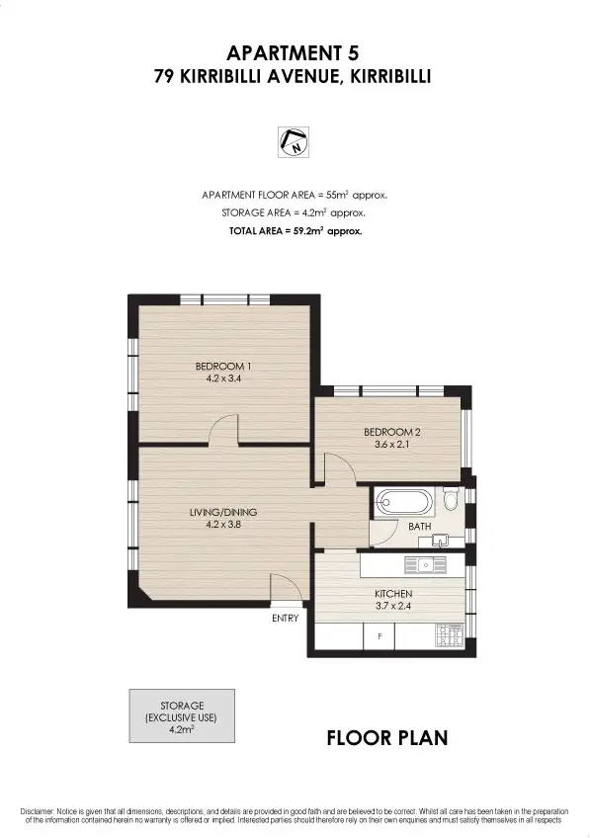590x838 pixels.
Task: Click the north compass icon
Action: (x=295, y=142)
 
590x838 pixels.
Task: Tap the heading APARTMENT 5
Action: (x=295, y=51)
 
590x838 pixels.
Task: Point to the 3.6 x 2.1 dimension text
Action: (x=392, y=445)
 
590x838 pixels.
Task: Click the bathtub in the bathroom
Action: (x=402, y=503)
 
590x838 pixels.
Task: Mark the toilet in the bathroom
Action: (x=452, y=500)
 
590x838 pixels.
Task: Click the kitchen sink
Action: (x=427, y=565)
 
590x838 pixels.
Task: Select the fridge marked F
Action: (x=379, y=637)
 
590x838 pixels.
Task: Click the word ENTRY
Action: (x=286, y=619)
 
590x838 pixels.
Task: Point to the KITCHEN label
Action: (x=392, y=595)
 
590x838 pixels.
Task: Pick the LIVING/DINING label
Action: (x=223, y=512)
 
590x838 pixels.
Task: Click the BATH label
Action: (x=420, y=527)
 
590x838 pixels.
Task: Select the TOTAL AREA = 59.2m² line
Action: (x=295, y=230)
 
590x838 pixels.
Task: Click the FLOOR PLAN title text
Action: (x=387, y=737)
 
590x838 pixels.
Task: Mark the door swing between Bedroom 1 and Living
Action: (x=225, y=431)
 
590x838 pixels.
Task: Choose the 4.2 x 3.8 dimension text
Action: (x=223, y=525)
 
